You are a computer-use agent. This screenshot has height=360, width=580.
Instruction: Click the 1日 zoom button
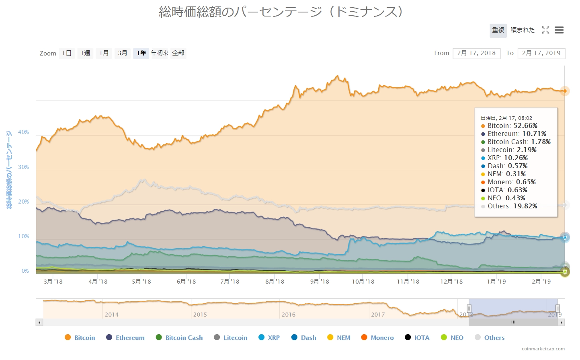(67, 53)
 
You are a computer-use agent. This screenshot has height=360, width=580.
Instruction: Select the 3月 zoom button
(123, 53)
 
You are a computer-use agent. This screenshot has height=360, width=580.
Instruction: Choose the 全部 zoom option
(178, 53)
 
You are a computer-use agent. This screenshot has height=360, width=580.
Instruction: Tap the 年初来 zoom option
(160, 53)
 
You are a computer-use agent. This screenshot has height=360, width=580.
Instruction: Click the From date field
(476, 53)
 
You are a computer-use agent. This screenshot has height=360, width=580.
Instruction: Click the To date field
(541, 53)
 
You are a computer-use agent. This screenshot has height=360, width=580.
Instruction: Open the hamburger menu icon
(559, 30)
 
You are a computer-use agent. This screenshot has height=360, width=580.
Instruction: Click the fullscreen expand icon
(545, 30)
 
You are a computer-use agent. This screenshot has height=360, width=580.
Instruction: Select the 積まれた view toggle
(523, 30)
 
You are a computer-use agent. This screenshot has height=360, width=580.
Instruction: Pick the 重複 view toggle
(498, 30)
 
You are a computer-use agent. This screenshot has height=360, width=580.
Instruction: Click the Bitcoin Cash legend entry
(179, 337)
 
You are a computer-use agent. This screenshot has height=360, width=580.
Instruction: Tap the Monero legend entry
(377, 337)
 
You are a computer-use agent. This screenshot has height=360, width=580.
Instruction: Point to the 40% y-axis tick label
(23, 132)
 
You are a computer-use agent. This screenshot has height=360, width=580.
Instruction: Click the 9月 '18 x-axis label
(320, 282)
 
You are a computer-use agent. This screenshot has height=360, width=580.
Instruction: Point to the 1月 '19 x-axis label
(496, 282)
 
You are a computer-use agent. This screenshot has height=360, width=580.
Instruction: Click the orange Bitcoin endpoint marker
(565, 91)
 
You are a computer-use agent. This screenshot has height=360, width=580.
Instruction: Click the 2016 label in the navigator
(289, 315)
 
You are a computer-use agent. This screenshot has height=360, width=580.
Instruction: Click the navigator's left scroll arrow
(39, 322)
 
